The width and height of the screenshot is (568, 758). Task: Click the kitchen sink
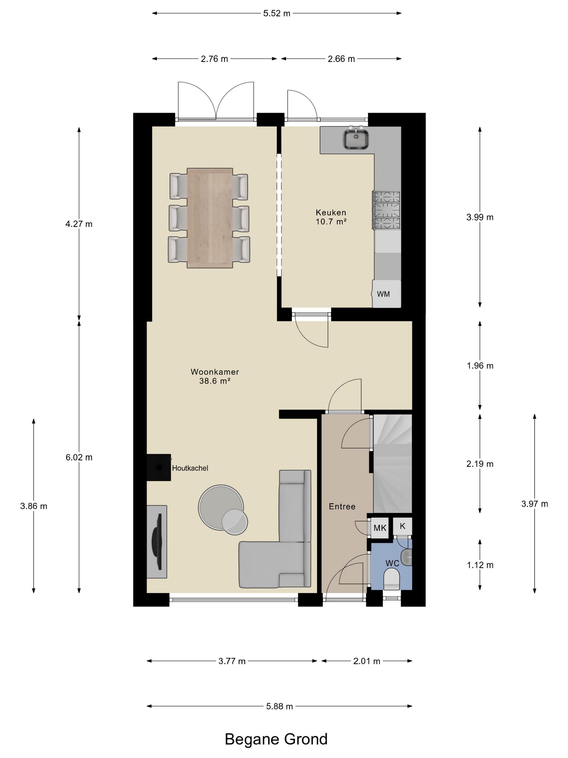tap(356, 138)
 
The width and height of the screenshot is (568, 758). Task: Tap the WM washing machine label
tap(383, 294)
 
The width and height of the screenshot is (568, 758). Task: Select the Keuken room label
tap(331, 213)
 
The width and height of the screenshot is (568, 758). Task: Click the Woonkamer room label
tap(215, 372)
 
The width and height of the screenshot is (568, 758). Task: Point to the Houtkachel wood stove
tap(159, 468)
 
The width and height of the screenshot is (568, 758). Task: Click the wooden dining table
tap(210, 218)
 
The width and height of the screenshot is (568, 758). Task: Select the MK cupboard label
tap(380, 528)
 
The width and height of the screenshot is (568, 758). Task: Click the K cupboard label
tap(403, 526)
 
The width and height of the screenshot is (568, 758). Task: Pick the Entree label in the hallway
tap(342, 507)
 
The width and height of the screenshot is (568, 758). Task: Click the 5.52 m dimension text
tap(277, 13)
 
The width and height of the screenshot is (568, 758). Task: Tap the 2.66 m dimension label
tap(341, 59)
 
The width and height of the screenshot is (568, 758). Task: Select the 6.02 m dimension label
tap(79, 458)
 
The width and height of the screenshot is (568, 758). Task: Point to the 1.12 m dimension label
tap(480, 565)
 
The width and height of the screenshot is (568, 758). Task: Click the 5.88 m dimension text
tap(279, 706)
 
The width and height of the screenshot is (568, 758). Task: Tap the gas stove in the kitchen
tap(387, 210)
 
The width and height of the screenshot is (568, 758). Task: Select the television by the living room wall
tap(157, 541)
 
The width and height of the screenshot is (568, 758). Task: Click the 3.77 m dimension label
tap(232, 661)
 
